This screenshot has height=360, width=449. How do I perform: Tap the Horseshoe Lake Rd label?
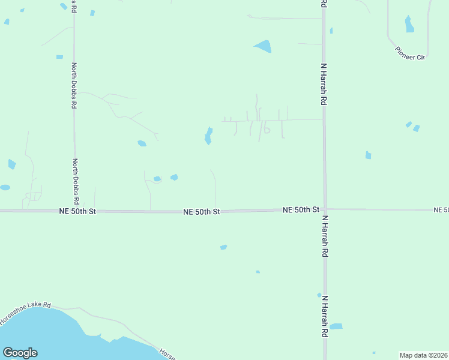[x=25, y=313]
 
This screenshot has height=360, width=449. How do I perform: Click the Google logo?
[x=20, y=353]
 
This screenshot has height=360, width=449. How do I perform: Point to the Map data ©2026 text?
[x=423, y=355]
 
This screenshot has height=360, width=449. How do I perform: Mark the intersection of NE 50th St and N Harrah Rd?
[x=325, y=209]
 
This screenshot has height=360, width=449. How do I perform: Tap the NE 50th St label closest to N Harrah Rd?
[x=301, y=209]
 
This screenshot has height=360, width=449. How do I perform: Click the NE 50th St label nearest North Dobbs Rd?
[x=77, y=211]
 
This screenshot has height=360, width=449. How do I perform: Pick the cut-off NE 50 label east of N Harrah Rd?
[x=441, y=209]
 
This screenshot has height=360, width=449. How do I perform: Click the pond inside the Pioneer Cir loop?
[x=409, y=24]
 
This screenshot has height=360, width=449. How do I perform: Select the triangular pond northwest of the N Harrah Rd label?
[x=263, y=46]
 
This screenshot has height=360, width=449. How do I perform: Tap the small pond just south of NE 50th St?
[x=223, y=247]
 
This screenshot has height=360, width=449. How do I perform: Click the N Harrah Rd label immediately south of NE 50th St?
[x=325, y=237]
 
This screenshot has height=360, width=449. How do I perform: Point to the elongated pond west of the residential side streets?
[x=208, y=136]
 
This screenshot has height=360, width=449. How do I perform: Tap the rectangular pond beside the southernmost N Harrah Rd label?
[x=336, y=326]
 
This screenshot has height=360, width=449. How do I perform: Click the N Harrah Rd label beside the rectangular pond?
[x=325, y=316]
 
